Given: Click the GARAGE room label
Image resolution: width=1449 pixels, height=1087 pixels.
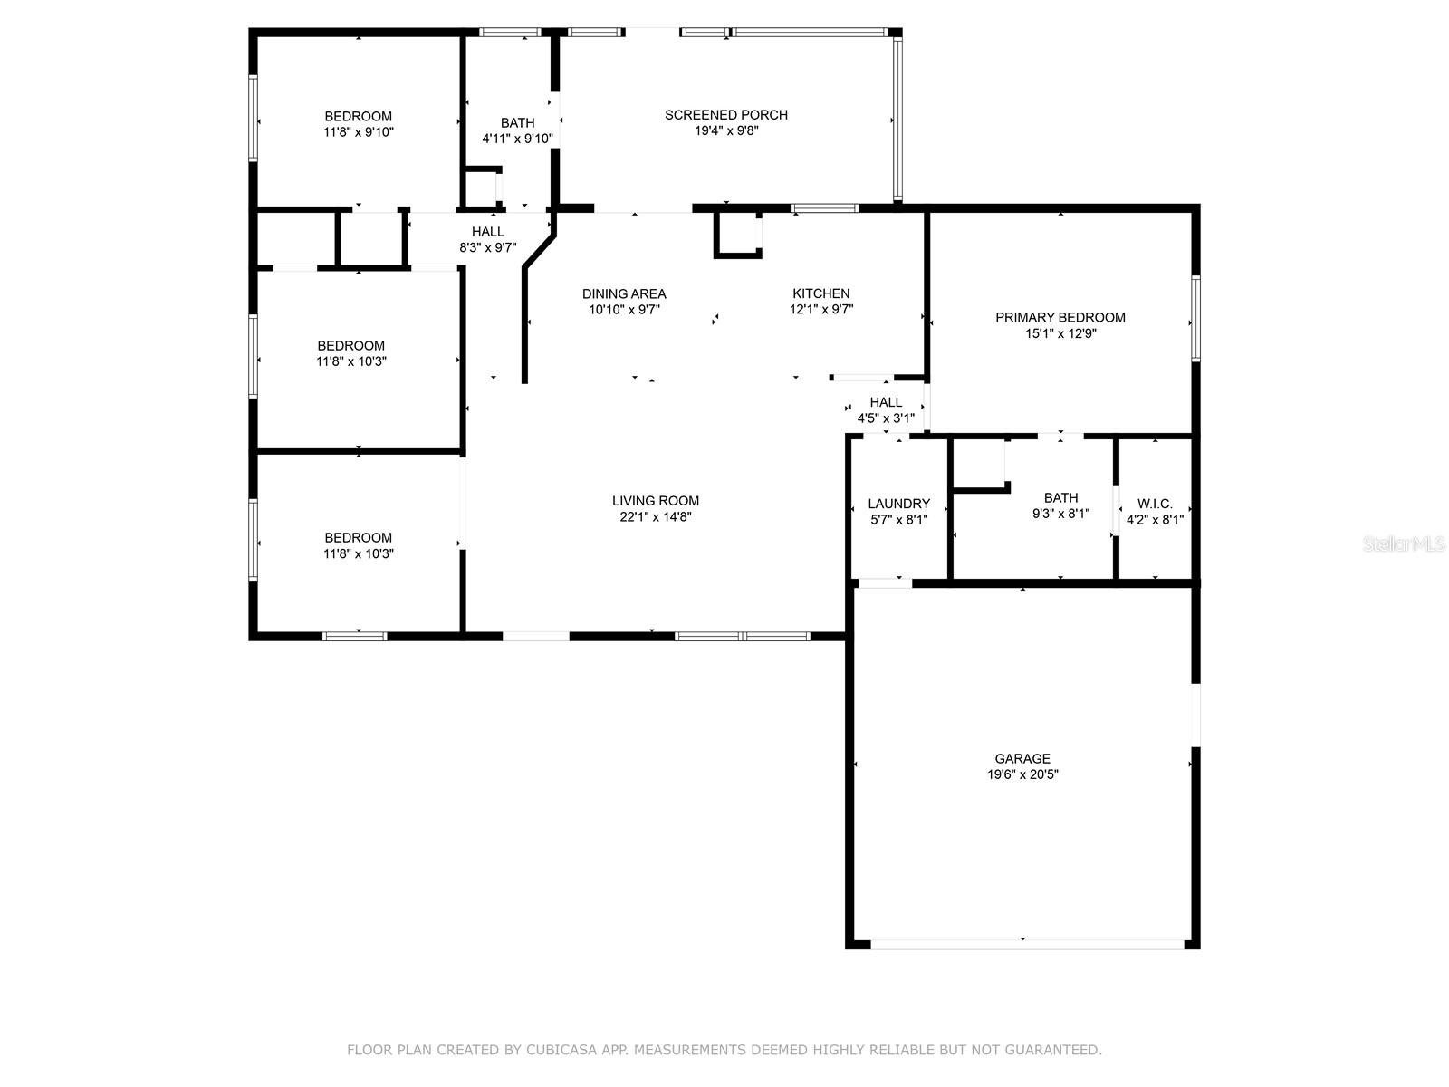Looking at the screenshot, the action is pos(1022,759).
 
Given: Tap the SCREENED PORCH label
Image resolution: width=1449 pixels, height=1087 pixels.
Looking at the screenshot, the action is pos(726,115).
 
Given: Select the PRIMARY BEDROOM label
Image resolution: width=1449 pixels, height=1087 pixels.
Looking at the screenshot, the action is pos(1060,317).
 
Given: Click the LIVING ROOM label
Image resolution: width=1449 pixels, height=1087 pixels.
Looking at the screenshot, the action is pos(656,501).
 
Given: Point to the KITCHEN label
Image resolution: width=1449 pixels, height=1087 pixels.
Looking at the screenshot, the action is pos(821,293).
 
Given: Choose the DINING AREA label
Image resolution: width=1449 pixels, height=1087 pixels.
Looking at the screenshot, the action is pos(624,293).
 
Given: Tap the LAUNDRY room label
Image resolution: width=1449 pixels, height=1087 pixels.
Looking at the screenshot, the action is pos(899,504).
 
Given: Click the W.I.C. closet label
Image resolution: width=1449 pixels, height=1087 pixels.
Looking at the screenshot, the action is pos(1156,504).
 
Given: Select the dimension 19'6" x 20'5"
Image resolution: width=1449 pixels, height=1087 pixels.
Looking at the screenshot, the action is pos(1022,774).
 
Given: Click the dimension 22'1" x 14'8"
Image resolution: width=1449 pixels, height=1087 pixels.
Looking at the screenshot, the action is pos(656,516).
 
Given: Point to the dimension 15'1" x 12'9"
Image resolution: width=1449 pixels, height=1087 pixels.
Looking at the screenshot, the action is pos(1060,333).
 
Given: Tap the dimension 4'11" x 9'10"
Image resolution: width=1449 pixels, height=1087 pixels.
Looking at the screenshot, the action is pos(517,139).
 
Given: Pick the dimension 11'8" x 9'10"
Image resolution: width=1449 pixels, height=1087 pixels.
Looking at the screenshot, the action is pos(359,132).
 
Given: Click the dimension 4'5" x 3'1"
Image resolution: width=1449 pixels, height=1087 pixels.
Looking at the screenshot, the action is pos(886,418).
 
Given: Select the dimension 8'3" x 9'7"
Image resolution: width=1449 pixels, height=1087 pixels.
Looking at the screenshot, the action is pos(488,247).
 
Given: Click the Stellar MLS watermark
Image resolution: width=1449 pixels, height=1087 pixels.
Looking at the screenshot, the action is pos(1404,543).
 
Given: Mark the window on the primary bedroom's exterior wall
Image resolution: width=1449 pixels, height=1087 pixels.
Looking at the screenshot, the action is pos(1195,318).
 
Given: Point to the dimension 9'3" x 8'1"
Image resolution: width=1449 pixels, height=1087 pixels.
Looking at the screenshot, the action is pos(1060,514).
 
